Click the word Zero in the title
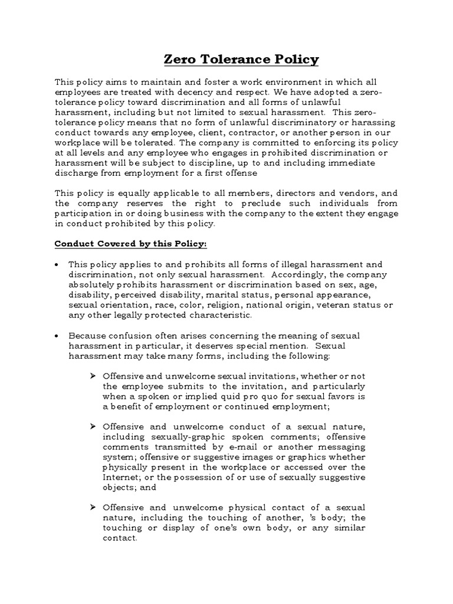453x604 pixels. click(179, 60)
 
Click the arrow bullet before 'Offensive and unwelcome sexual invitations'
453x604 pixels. click(93, 376)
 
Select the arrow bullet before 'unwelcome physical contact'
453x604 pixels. click(93, 507)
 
